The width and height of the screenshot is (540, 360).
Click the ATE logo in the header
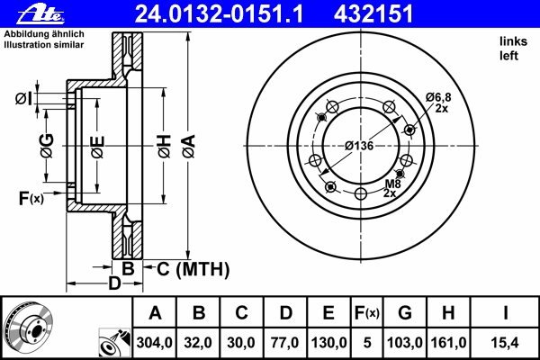pos(40,14)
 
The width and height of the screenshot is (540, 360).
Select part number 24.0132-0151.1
pos(219,14)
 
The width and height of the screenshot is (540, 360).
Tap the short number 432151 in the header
pos(373,14)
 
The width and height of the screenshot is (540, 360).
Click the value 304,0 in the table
pos(154,343)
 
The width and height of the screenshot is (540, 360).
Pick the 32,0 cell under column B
pos(198,343)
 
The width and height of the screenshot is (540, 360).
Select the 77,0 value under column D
pos(284,343)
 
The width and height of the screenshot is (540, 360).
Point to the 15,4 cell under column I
pos(505,343)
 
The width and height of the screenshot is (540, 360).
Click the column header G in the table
pos(405,313)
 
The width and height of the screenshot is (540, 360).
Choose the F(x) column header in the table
pos(367,313)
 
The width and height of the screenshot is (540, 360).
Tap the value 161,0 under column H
pos(448,343)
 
